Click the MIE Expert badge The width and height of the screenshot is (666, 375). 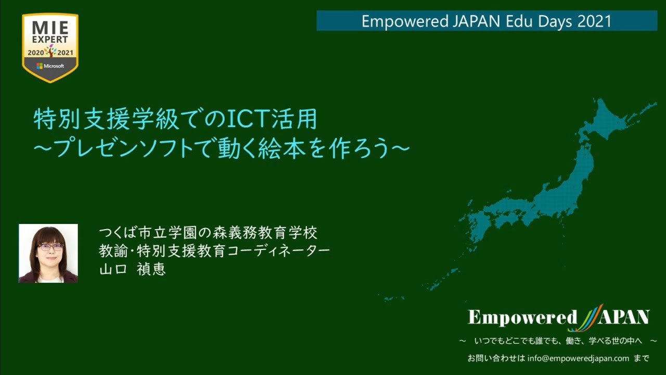click(x=50, y=47)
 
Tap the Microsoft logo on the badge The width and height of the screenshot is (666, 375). click(x=50, y=66)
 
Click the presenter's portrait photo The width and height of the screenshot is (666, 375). click(x=48, y=254)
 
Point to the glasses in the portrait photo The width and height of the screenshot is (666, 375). click(x=50, y=247)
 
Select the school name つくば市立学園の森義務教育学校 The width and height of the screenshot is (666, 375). click(x=208, y=231)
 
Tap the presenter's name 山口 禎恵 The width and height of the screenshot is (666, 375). click(x=132, y=270)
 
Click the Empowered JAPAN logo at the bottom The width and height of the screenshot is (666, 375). click(x=558, y=317)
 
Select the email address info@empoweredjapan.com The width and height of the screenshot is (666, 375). click(x=578, y=358)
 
